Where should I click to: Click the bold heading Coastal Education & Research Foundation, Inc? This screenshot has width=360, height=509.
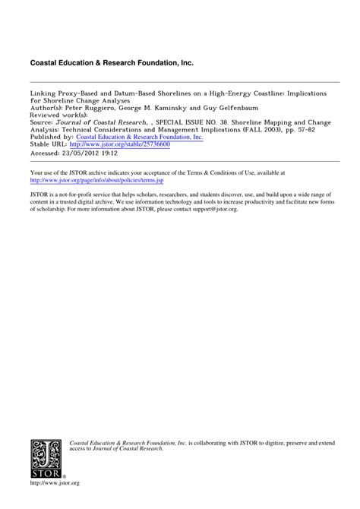coord(116,60)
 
